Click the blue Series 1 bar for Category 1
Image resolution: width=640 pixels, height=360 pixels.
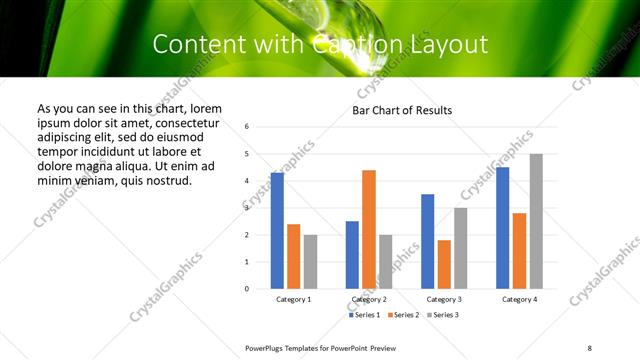tap(277, 231)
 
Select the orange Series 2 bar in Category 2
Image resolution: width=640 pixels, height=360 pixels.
tap(369, 229)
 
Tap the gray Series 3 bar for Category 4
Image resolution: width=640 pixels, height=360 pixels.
tap(536, 221)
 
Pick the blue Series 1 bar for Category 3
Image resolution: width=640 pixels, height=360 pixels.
tap(427, 241)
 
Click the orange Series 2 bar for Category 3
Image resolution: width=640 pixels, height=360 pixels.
tap(444, 264)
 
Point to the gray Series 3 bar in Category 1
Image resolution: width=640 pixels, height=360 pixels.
tap(310, 262)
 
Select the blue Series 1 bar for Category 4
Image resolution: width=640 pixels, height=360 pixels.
tap(503, 228)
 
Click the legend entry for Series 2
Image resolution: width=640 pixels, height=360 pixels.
tap(403, 315)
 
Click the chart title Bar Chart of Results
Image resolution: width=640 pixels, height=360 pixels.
tap(402, 110)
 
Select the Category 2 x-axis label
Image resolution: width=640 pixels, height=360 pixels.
tap(369, 299)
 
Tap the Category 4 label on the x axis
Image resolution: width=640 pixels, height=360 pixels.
tap(519, 299)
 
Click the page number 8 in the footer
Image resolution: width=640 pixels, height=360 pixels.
tap(589, 346)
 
